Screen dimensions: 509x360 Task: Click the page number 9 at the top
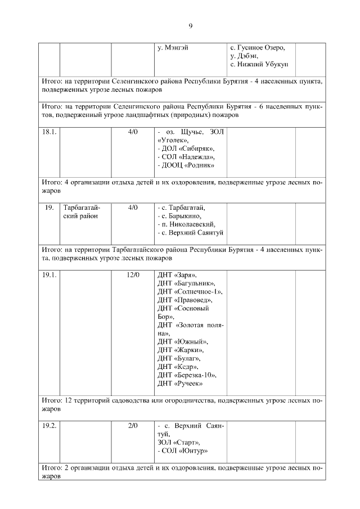pos(190,26)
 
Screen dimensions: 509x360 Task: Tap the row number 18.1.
pos(49,131)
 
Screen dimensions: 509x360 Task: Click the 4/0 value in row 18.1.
pos(133,131)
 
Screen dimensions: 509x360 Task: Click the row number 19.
pos(49,208)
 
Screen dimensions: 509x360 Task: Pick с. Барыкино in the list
pos(181,216)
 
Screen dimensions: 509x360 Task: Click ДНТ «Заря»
pos(177,275)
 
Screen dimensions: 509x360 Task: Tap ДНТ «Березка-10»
pos(187,375)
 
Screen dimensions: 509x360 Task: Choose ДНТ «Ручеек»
pos(180,384)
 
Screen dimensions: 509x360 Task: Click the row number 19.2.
pos(49,426)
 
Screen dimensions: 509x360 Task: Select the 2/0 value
pos(133,426)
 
